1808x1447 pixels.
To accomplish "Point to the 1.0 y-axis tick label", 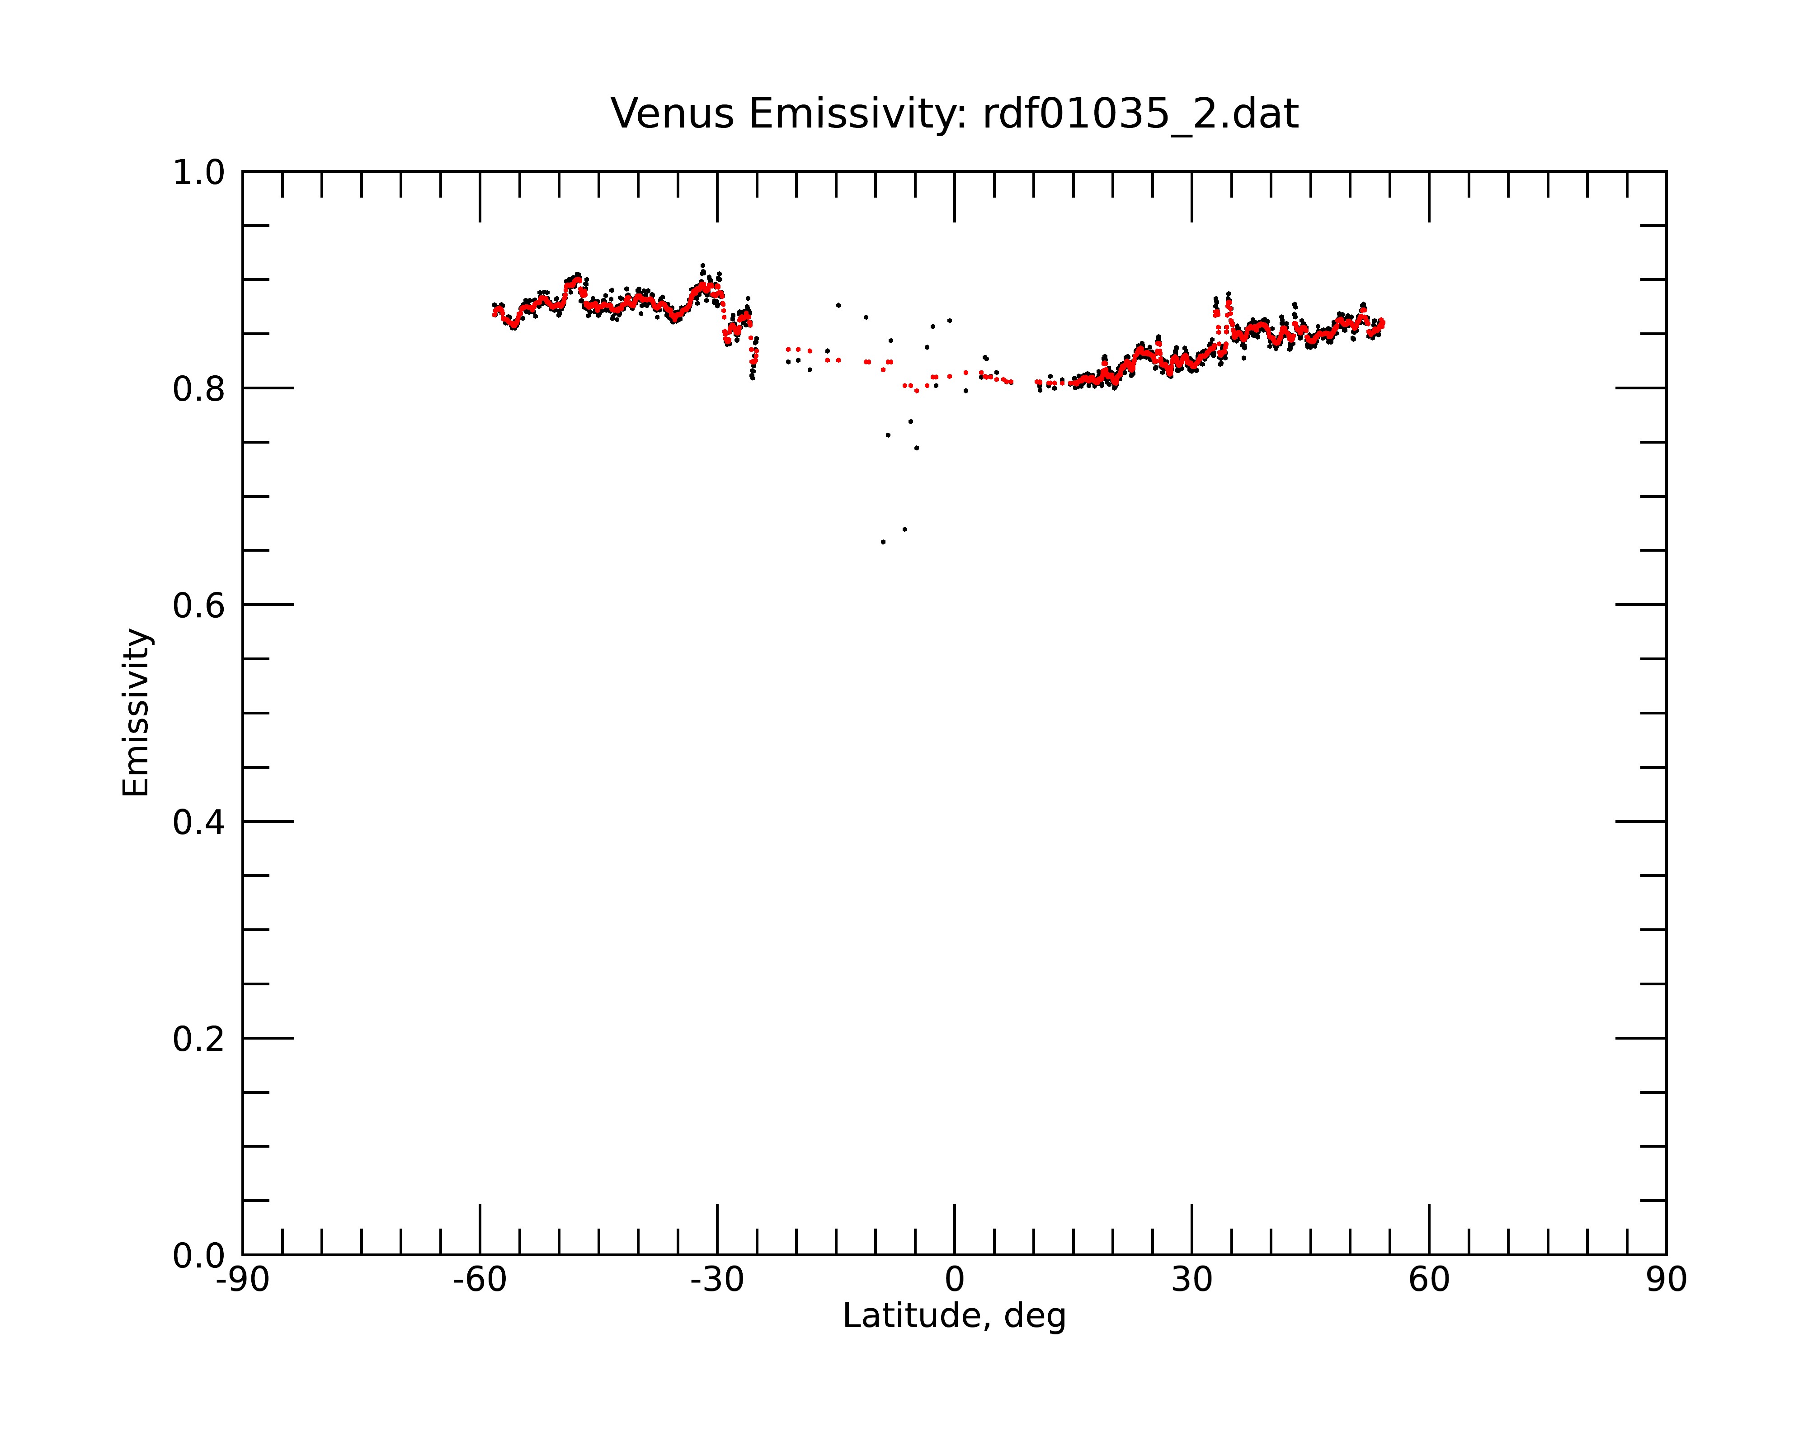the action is point(199,173).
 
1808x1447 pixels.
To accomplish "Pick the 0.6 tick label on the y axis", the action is point(199,605).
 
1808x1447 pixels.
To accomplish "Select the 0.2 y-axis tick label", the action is point(199,1039).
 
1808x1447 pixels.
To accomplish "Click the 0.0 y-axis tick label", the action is point(199,1256).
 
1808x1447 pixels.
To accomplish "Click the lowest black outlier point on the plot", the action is point(883,542).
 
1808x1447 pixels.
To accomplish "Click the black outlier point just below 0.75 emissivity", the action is point(917,448).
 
